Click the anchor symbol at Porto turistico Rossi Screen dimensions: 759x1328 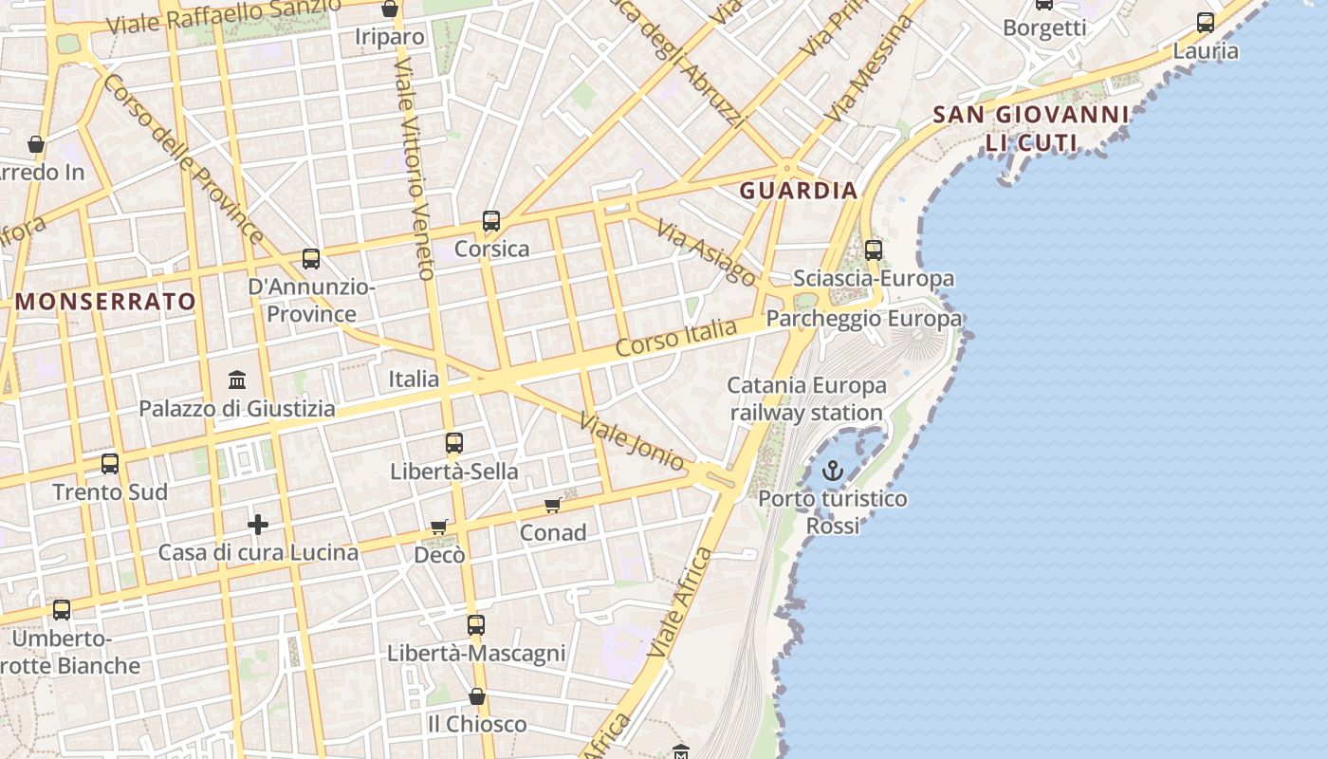coord(832,471)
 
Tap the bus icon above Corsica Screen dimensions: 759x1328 coord(491,221)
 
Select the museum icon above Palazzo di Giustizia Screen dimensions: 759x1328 coord(237,380)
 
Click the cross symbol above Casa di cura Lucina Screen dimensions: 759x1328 coord(257,525)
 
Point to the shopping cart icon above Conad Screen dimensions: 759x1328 coord(553,505)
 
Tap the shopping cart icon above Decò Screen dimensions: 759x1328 coord(439,527)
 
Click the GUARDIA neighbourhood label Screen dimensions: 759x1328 coord(799,191)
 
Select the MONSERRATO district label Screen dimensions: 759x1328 coord(106,302)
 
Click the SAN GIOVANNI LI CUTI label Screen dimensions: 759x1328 coord(1031,129)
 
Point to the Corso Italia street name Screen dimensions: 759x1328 coord(675,339)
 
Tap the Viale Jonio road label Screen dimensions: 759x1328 coord(632,443)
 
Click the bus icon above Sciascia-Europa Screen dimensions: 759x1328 coord(874,250)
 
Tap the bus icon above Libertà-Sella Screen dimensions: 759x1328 coord(454,443)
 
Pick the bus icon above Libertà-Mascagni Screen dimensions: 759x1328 coord(476,625)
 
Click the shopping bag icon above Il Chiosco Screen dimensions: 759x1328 coord(477,696)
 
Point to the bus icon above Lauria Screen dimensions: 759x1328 coord(1206,23)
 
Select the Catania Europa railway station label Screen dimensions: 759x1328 coord(807,399)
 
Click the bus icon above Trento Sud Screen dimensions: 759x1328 coord(110,464)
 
